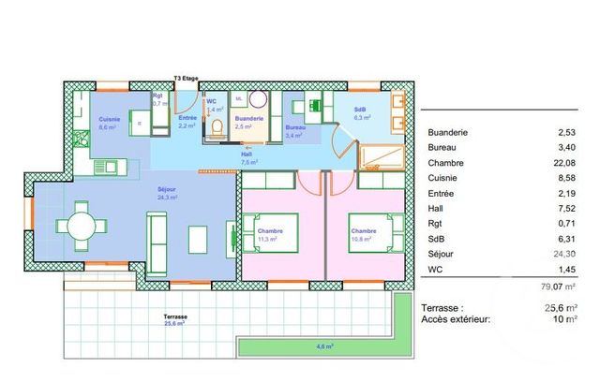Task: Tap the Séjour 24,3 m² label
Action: [x=168, y=194]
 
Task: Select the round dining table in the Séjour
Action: [x=79, y=226]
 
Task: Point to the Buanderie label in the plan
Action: [x=249, y=121]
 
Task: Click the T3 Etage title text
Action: [x=186, y=79]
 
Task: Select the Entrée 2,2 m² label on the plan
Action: [x=187, y=121]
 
